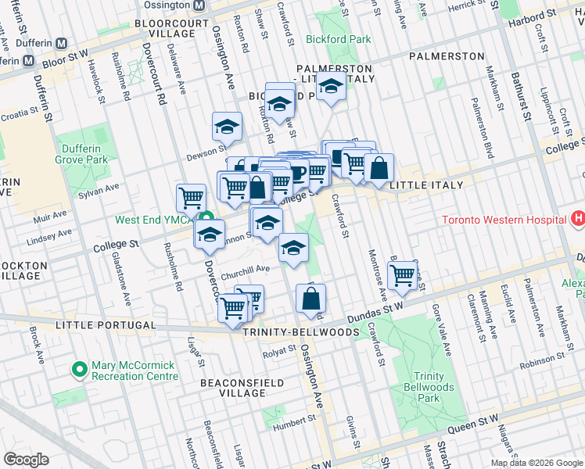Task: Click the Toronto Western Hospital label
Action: click(x=504, y=220)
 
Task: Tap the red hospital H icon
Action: click(x=578, y=219)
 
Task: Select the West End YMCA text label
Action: click(x=154, y=220)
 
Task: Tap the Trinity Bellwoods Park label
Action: click(x=429, y=387)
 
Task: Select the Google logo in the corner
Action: click(x=26, y=460)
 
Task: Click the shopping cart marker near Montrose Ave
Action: click(x=402, y=275)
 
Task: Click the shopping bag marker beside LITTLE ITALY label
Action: click(x=379, y=167)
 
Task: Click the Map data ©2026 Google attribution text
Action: click(x=537, y=463)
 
